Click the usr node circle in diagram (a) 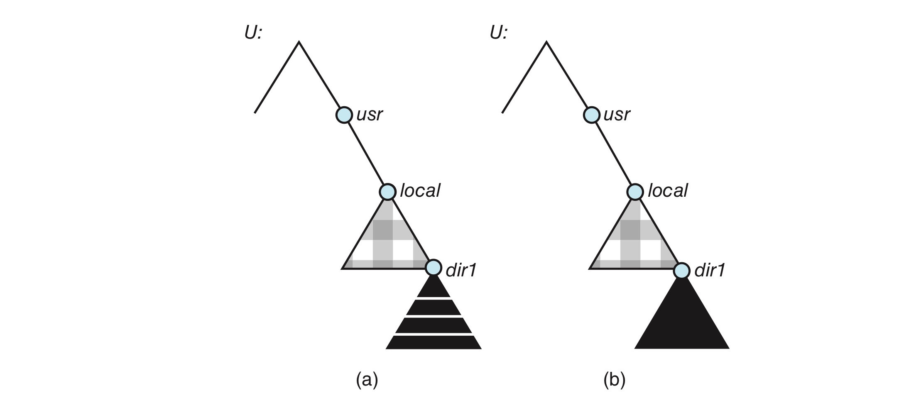tap(344, 115)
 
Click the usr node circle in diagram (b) tap(592, 115)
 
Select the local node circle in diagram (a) tap(387, 192)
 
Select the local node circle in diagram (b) tap(635, 192)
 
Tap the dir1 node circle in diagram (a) tap(433, 268)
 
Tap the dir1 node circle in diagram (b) tap(681, 271)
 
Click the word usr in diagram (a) tap(369, 115)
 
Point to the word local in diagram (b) tap(667, 190)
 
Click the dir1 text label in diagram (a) tap(461, 270)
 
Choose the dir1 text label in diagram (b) tap(710, 270)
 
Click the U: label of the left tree tap(253, 32)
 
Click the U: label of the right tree tap(498, 32)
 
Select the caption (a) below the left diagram tap(367, 380)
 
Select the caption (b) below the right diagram tap(614, 380)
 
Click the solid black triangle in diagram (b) tap(682, 320)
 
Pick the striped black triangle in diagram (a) tap(434, 320)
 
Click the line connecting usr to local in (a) tap(366, 153)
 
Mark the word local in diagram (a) tap(420, 190)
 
